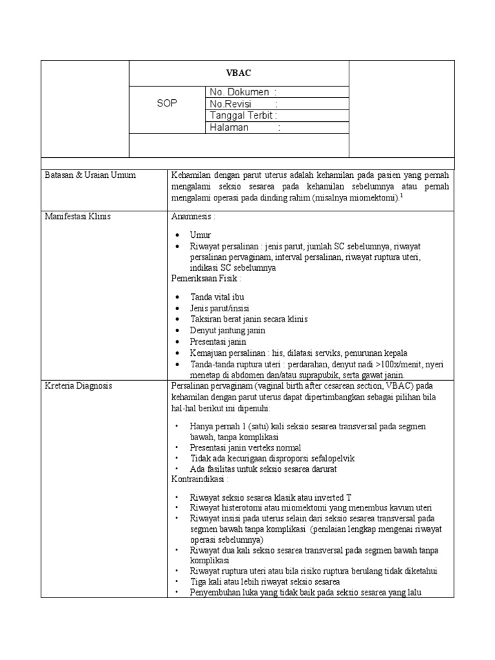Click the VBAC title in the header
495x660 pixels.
click(x=238, y=73)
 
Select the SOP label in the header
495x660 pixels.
click(x=167, y=104)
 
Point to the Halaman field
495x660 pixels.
click(x=245, y=128)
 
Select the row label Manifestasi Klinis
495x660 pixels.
click(x=78, y=217)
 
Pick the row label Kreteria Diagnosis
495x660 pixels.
click(x=79, y=385)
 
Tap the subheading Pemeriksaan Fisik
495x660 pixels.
click(x=206, y=278)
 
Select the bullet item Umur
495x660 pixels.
click(x=200, y=235)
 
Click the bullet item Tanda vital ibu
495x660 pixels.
click(x=217, y=296)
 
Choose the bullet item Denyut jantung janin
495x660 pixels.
click(x=228, y=330)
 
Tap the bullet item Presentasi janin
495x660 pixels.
click(x=218, y=342)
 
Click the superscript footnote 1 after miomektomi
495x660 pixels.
click(x=402, y=195)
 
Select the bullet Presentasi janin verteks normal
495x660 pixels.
click(x=246, y=447)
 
